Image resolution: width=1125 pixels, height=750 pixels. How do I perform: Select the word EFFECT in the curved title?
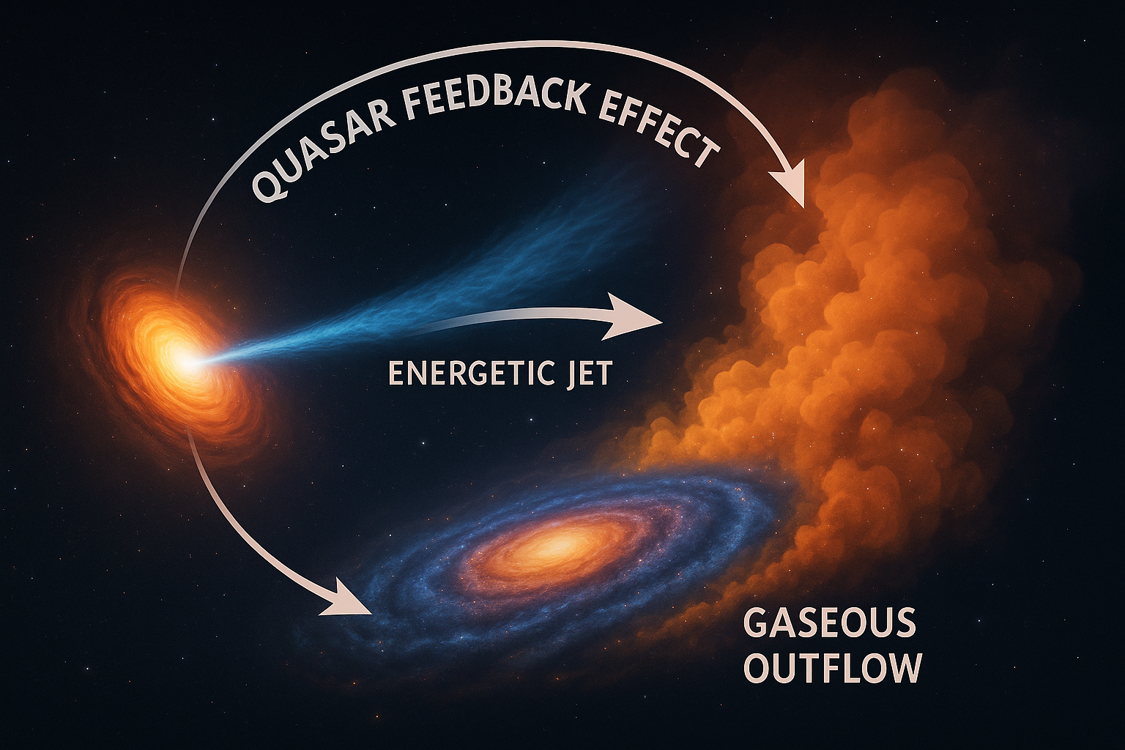pos(656,132)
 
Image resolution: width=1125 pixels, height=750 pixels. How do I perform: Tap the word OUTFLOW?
pos(832,667)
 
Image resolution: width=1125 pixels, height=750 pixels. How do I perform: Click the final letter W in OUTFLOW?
pos(904,667)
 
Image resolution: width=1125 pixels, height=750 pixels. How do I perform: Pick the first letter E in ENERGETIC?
pos(396,374)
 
